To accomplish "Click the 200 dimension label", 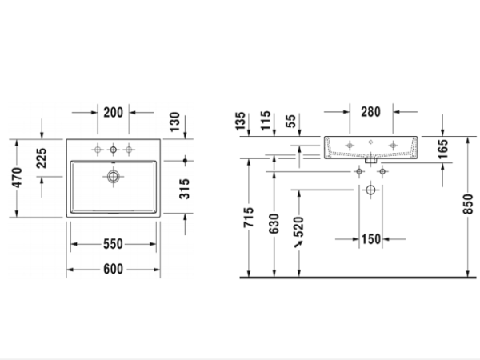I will click(x=113, y=113).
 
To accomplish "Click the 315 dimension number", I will click(x=185, y=188).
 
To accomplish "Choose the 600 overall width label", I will click(x=113, y=269).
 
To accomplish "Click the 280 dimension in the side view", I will click(x=370, y=113).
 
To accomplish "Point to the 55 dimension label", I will click(x=290, y=122).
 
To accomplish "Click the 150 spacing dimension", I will click(x=370, y=238).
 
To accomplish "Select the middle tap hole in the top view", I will click(x=113, y=149).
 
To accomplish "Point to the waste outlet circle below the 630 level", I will click(x=370, y=190).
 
